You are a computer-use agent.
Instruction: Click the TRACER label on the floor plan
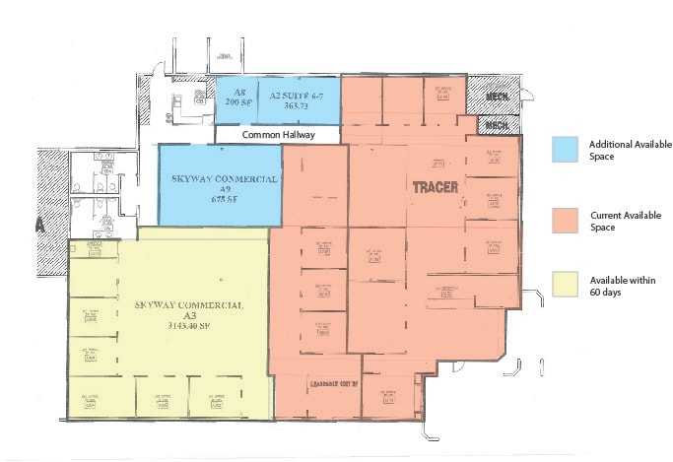coord(435,186)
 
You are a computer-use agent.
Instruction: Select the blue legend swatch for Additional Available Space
coord(566,149)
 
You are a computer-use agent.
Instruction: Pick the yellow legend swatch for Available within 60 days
coord(566,286)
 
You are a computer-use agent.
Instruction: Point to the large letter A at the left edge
coord(40,225)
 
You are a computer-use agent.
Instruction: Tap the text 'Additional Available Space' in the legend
coord(623,150)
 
